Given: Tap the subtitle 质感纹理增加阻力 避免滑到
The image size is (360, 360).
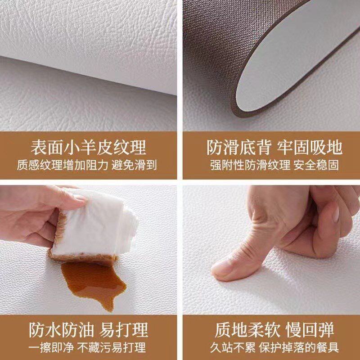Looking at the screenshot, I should (x=88, y=165).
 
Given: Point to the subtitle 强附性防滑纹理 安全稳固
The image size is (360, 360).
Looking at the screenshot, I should (x=274, y=165).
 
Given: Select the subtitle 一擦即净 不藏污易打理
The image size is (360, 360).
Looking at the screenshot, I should (x=88, y=347).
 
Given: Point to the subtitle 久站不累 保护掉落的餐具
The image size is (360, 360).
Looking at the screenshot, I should (x=274, y=347).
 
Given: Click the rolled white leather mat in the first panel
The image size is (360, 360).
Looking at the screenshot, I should (x=90, y=36).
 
